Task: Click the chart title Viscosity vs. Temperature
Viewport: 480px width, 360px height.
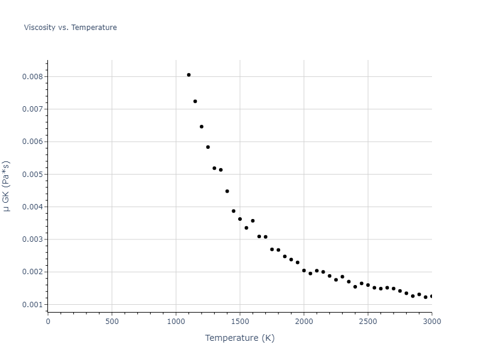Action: pos(70,28)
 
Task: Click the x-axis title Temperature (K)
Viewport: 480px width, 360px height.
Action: pos(239,338)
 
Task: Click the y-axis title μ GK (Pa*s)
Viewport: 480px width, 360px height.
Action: pos(7,186)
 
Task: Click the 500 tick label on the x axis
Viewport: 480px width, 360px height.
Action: pos(112,321)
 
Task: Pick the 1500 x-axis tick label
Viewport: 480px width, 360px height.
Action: pos(240,321)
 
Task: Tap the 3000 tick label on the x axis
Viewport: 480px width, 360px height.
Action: pos(431,321)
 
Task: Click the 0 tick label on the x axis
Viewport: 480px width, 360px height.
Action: pos(48,321)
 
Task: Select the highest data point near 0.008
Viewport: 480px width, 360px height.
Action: pos(188,75)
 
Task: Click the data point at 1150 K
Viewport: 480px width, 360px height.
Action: pos(195,101)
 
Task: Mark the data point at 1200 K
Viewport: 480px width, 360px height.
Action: pos(202,127)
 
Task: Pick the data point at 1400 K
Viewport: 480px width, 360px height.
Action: pos(227,191)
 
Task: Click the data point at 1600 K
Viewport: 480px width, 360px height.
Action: pos(253,221)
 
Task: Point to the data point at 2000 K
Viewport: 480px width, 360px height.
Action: pos(304,271)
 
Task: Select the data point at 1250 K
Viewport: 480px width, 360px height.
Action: pos(208,147)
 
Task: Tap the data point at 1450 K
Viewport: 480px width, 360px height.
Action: pos(233,211)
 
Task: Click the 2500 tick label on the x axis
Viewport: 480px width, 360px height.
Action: pos(368,321)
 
